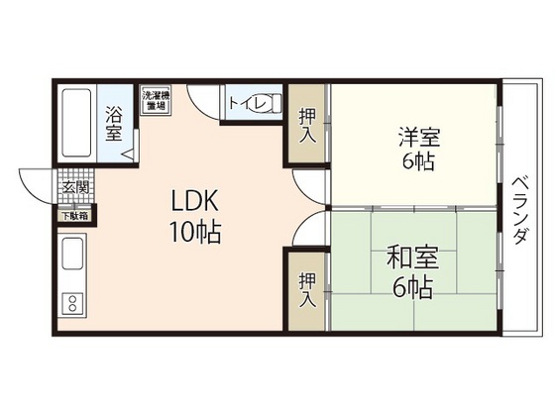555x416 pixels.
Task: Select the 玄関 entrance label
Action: (75, 187)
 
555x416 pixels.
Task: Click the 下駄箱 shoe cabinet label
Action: (75, 215)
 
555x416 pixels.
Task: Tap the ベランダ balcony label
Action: (522, 212)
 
